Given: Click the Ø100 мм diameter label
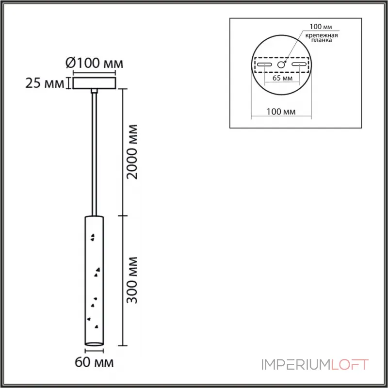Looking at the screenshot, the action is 94,64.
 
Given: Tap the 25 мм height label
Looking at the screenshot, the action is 45,83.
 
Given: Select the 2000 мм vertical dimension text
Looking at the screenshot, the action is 131,152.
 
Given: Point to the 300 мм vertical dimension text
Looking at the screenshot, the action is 131,280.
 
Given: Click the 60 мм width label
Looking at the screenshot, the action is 94,362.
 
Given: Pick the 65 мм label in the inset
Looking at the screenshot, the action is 282,78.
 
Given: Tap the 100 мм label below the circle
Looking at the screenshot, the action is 281,112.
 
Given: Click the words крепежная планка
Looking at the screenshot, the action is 322,38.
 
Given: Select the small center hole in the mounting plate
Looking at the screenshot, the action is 281,65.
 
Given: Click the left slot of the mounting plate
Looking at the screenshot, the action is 264,65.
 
